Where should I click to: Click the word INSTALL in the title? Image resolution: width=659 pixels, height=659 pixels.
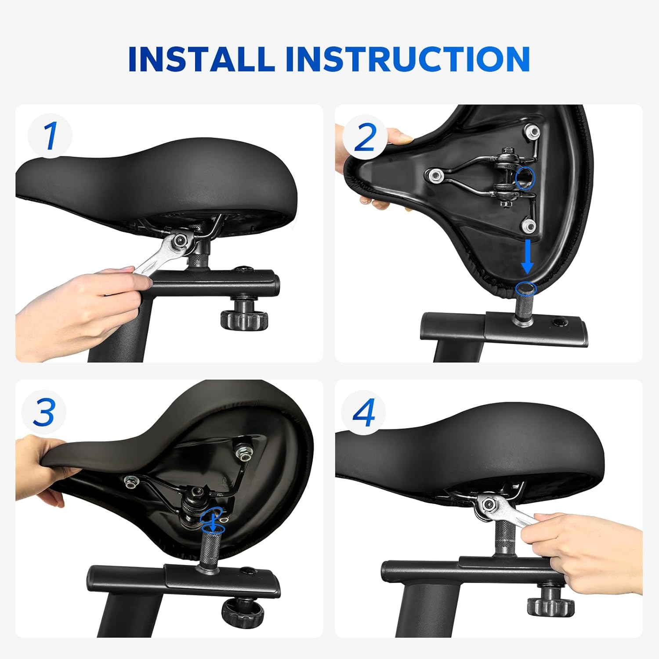pos(201,58)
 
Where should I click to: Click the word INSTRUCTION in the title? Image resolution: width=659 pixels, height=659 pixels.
pos(408,58)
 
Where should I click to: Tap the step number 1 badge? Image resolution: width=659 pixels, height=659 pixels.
pos(50,136)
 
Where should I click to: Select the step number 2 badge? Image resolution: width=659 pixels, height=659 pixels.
pos(365,138)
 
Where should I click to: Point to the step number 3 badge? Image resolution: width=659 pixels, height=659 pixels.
pos(44,412)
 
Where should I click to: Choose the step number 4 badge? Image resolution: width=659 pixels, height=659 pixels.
pos(364,413)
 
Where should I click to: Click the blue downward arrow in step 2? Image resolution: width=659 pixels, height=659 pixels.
pos(527,257)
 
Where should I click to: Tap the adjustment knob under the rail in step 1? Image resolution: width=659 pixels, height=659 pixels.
pos(244,314)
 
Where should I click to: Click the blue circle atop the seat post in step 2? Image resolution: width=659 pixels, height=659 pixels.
pos(527,288)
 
